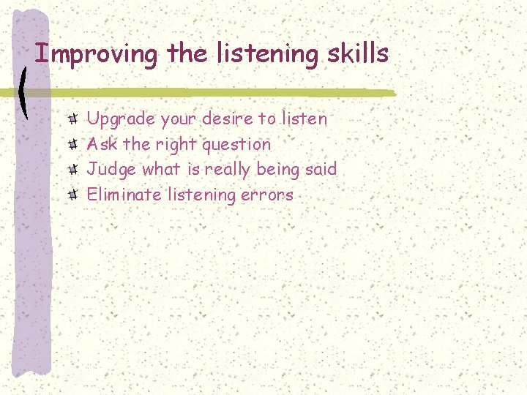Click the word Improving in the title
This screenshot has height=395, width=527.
pos(97,53)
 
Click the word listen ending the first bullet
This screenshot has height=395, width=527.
pos(304,118)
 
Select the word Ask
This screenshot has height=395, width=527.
pos(100,144)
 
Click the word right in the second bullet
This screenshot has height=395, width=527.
pos(175,145)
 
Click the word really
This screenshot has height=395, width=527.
pos(231,170)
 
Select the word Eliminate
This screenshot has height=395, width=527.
pos(125,195)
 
